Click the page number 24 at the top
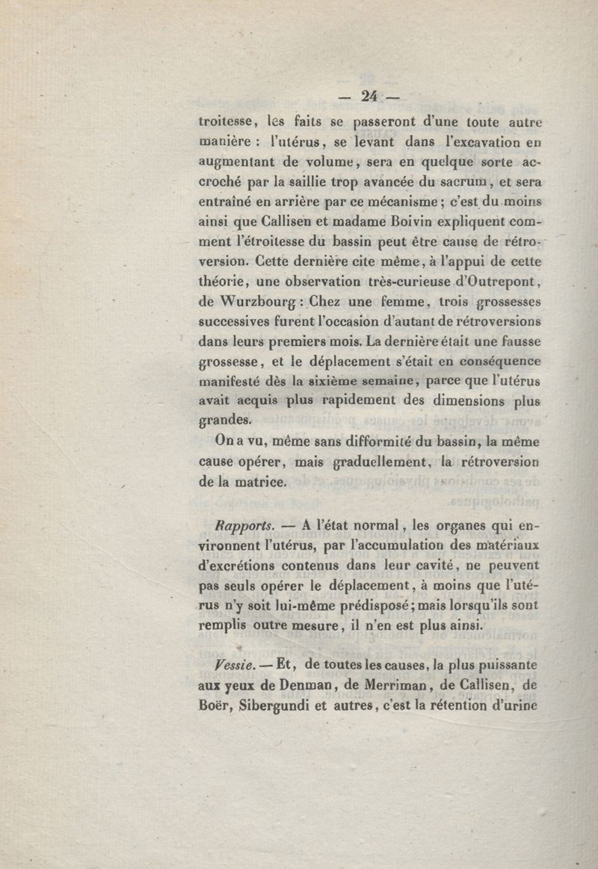click(x=370, y=95)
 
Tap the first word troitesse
click(x=228, y=120)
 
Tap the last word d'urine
click(x=511, y=705)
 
